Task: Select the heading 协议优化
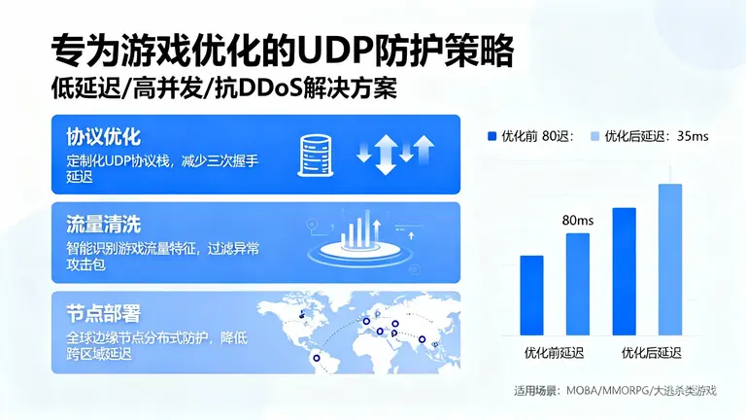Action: [103, 134]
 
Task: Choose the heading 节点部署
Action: [103, 313]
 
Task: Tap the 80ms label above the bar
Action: [578, 220]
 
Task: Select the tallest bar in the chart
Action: [670, 259]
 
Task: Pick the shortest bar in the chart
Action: [532, 295]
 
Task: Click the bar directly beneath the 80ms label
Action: [578, 283]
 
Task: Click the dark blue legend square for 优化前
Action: [492, 136]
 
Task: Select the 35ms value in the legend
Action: [693, 136]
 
